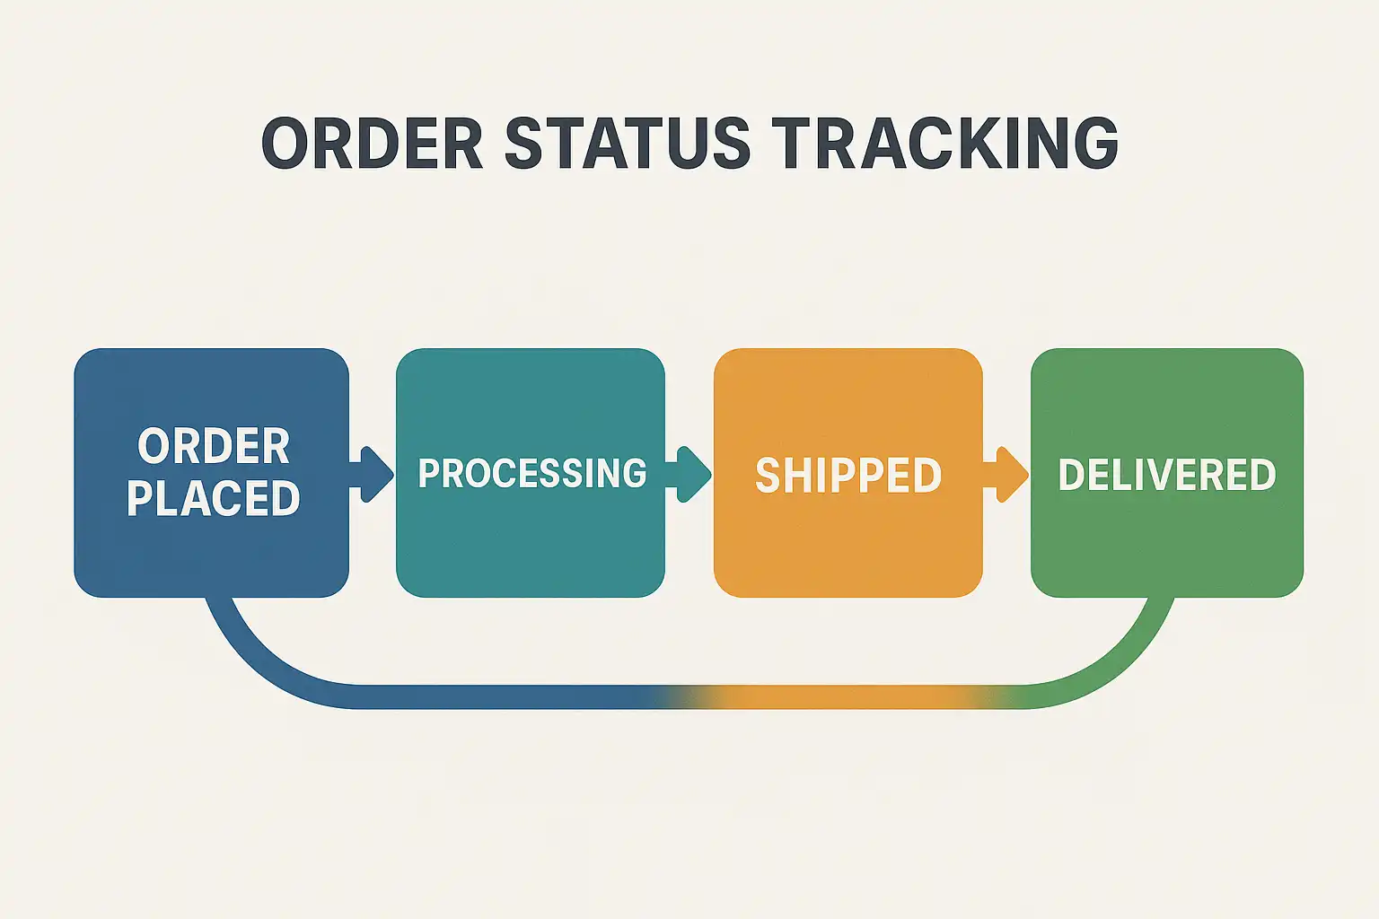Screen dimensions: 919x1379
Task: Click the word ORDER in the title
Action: pyautogui.click(x=372, y=144)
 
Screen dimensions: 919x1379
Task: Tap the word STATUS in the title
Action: pyautogui.click(x=627, y=144)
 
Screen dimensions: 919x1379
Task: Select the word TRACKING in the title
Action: pyautogui.click(x=944, y=144)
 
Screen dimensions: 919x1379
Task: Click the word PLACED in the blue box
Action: pyautogui.click(x=214, y=499)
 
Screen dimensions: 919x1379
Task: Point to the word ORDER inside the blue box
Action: pyautogui.click(x=214, y=446)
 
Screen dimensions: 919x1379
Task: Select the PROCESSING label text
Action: pyautogui.click(x=531, y=473)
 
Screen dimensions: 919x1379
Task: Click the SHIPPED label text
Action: pyautogui.click(x=848, y=475)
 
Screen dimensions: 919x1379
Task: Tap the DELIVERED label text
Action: pyautogui.click(x=1166, y=475)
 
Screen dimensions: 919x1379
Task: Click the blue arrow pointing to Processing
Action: pyautogui.click(x=372, y=473)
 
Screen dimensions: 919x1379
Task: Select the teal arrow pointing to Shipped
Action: pyautogui.click(x=689, y=473)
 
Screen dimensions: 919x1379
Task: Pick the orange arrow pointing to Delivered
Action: pyautogui.click(x=1006, y=473)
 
